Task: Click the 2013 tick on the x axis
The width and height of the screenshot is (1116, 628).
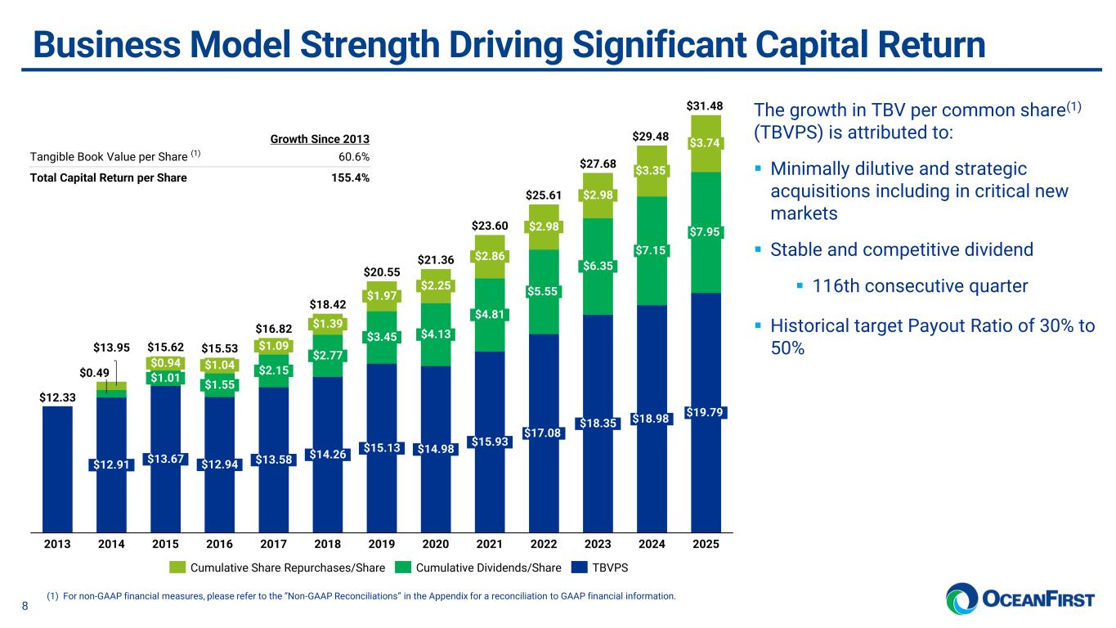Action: point(57,543)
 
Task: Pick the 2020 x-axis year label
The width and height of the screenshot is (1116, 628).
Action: point(436,543)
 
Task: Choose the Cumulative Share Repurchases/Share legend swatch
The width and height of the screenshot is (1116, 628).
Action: point(178,567)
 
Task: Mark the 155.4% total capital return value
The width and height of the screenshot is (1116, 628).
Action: point(352,177)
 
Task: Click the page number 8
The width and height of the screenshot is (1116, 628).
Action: point(25,606)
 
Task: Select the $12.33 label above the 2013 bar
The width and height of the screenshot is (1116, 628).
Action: point(56,397)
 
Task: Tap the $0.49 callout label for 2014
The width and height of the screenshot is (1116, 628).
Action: point(95,373)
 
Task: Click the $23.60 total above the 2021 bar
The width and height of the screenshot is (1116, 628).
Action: point(490,226)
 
